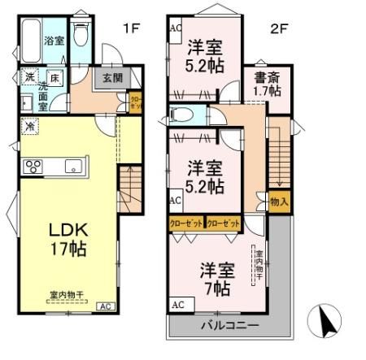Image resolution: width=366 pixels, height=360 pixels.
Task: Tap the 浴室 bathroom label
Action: pos(54,40)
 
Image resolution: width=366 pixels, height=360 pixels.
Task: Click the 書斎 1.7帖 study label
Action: pos(267,86)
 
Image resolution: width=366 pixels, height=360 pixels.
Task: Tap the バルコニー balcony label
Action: pos(230,325)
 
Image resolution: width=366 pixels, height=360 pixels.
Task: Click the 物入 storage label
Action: pos(278,200)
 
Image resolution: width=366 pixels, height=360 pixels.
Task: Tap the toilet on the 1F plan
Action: pos(81,34)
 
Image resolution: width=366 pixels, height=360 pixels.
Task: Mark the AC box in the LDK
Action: pos(105,306)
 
